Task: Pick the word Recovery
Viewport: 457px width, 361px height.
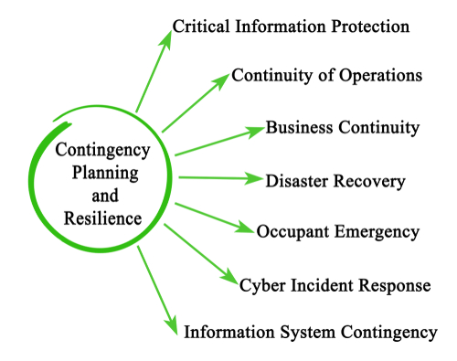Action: (x=372, y=180)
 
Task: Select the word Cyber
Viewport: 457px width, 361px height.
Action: (x=260, y=285)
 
